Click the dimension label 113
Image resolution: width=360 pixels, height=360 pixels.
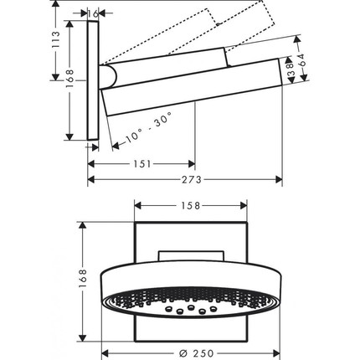click(x=55, y=41)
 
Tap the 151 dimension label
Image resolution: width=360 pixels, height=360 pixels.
click(x=142, y=164)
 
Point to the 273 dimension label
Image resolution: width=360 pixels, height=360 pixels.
click(x=192, y=179)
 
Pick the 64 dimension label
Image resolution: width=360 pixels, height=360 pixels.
click(x=302, y=59)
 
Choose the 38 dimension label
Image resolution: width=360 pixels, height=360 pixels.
click(x=291, y=69)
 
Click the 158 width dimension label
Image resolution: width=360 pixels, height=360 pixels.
click(x=191, y=206)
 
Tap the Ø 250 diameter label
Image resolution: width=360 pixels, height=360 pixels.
click(x=196, y=353)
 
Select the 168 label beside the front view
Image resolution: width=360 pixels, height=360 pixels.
click(x=83, y=279)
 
